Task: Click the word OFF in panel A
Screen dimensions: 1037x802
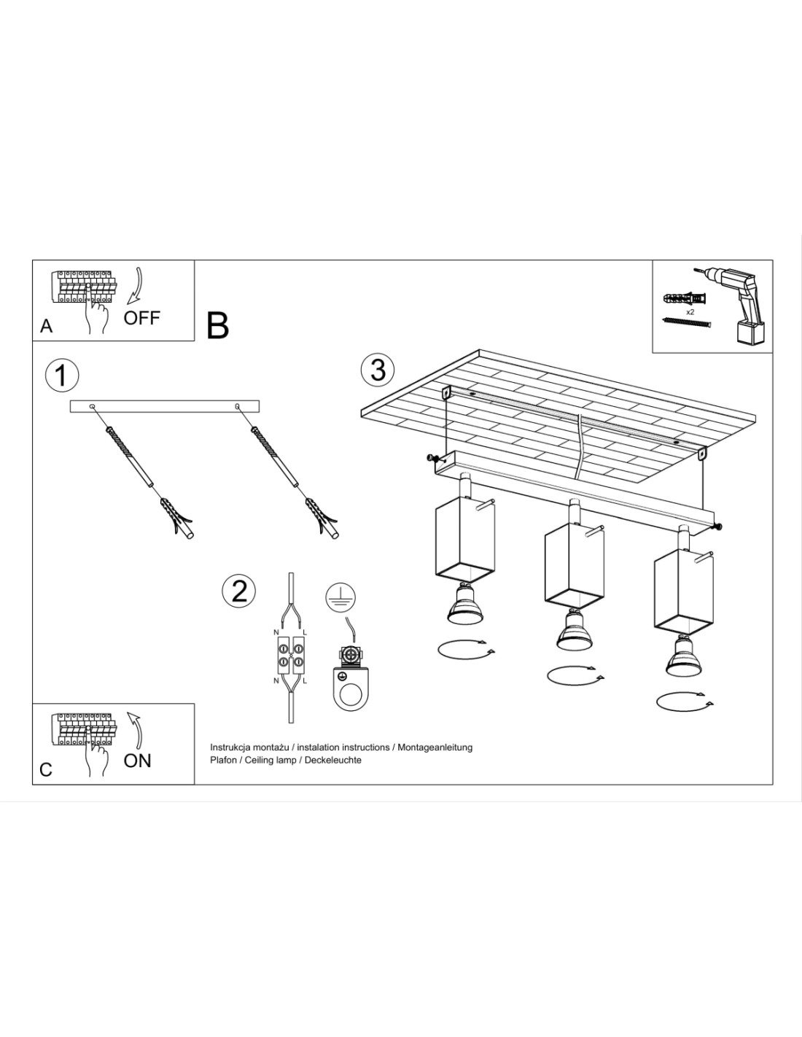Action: (x=141, y=317)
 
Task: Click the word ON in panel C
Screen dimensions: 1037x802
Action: (x=137, y=760)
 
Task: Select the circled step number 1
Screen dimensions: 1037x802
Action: (x=61, y=375)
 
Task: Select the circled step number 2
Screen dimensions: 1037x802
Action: (x=239, y=590)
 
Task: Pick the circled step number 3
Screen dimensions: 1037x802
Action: (x=378, y=370)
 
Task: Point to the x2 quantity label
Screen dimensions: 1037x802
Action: (x=690, y=311)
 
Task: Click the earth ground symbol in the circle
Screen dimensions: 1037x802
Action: (x=340, y=597)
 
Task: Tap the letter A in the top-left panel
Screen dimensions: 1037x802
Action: (x=47, y=326)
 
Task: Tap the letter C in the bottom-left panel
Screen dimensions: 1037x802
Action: (x=46, y=769)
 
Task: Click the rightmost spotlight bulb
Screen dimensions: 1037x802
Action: (x=683, y=656)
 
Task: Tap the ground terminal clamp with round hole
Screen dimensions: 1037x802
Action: (x=351, y=680)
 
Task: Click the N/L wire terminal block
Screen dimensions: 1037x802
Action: (x=290, y=654)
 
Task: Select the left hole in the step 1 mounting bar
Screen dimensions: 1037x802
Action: (x=91, y=405)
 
